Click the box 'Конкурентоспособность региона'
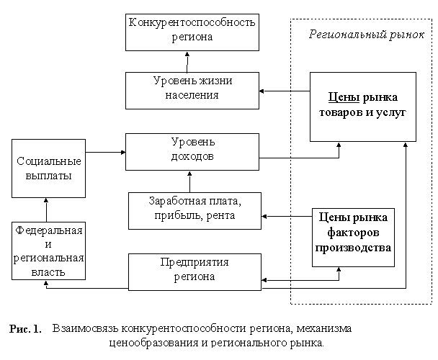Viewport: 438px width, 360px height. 192,32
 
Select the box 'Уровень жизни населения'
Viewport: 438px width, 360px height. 192,89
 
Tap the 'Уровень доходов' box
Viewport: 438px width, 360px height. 192,150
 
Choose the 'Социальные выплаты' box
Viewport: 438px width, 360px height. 48,168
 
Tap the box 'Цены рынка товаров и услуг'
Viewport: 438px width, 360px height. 362,106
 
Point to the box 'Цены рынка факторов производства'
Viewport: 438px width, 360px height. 352,233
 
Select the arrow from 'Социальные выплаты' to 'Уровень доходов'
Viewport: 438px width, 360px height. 104,152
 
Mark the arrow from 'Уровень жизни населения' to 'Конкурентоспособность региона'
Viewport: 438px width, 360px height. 190,62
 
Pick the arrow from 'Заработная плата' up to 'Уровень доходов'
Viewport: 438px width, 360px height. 189,181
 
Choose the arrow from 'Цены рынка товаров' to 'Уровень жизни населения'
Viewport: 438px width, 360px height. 284,91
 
